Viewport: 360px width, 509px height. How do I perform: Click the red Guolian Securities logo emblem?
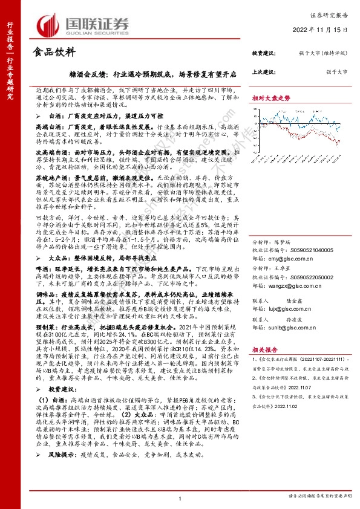[48, 24]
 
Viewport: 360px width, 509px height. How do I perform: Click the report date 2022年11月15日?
[327, 29]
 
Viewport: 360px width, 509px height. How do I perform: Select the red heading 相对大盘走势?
[267, 97]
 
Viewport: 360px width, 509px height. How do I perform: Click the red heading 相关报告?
[264, 349]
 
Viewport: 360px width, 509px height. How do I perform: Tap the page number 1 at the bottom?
[180, 498]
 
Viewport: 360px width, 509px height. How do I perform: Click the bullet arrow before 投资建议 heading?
[41, 389]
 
